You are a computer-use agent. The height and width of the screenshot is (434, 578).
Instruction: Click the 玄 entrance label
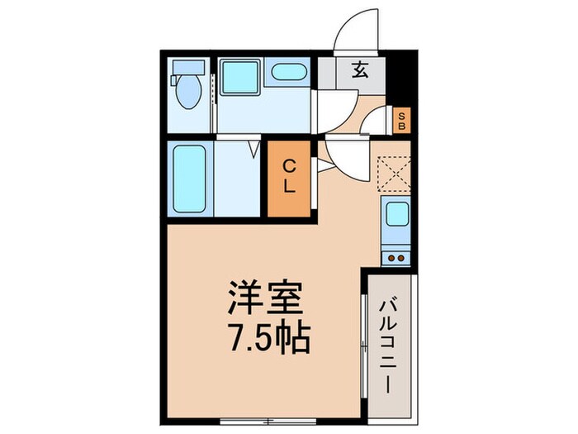(x=361, y=71)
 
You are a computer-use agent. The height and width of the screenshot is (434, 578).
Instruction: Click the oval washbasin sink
(x=288, y=72)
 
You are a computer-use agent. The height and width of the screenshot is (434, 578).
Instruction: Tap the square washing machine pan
(x=239, y=77)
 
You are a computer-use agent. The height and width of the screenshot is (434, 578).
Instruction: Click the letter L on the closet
(x=290, y=188)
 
